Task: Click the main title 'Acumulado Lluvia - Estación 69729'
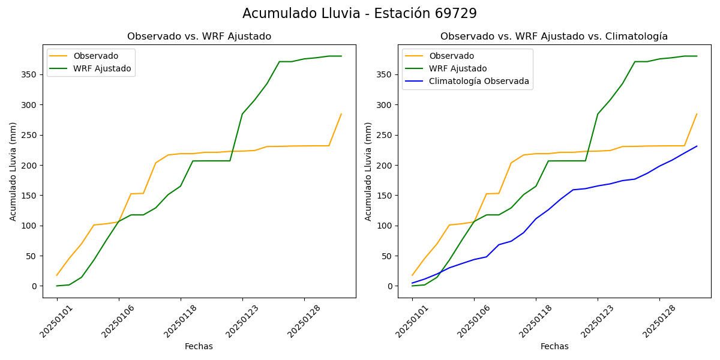(x=359, y=13)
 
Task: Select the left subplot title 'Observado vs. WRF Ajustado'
(x=199, y=37)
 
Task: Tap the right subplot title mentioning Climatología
(x=554, y=37)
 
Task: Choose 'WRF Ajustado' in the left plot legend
(x=102, y=68)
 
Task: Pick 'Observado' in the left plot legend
(x=96, y=56)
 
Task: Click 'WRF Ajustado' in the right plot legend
(x=458, y=68)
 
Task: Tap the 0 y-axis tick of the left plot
(x=35, y=286)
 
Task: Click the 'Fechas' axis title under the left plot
(x=199, y=347)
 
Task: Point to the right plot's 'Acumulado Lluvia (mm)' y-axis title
(x=369, y=172)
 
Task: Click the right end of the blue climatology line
(x=697, y=146)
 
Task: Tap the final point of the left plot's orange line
(x=341, y=114)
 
